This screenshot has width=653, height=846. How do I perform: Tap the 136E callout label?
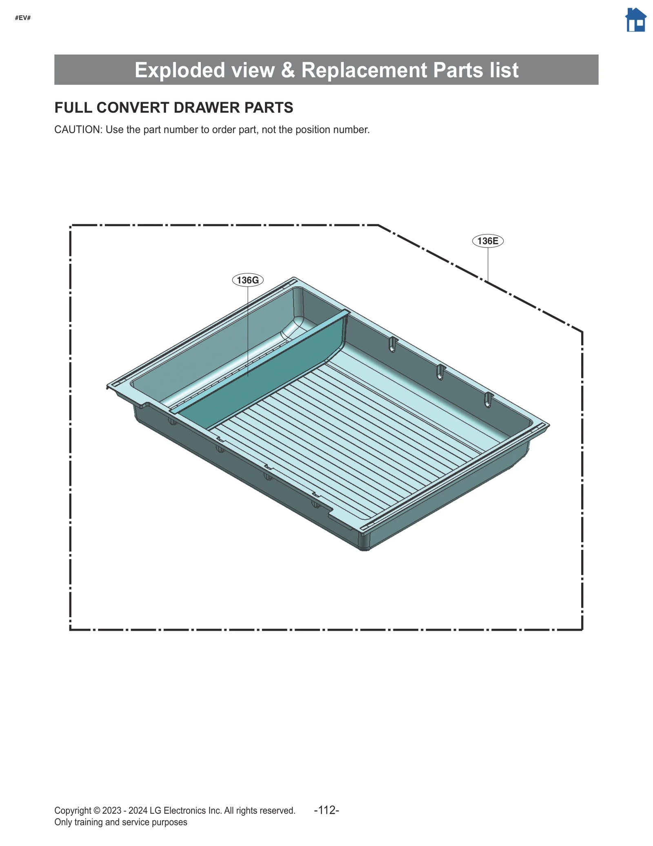point(488,241)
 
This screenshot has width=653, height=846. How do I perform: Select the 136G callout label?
point(248,280)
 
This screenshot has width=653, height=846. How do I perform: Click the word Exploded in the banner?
point(180,70)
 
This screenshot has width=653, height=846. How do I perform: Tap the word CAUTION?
point(78,130)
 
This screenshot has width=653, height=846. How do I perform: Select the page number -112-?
point(326,810)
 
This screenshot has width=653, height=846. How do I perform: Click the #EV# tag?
point(23,18)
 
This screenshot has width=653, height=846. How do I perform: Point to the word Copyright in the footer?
point(73,810)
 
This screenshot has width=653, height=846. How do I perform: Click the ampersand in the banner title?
point(288,70)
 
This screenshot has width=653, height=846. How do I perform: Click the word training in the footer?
point(89,822)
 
